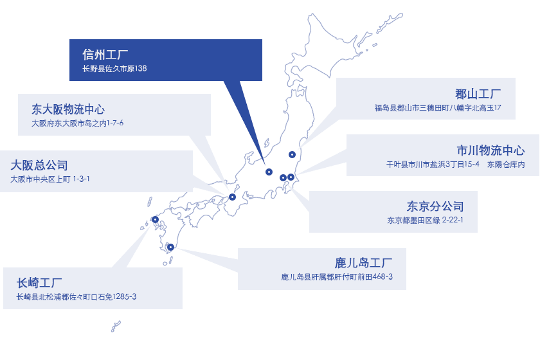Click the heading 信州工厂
click(x=105, y=55)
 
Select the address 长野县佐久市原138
click(x=114, y=69)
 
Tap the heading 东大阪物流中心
click(x=68, y=109)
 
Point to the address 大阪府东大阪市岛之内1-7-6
click(x=77, y=123)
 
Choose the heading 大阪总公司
click(x=39, y=165)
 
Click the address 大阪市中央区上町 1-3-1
click(x=50, y=179)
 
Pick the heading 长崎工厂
click(x=39, y=283)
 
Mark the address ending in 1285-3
click(x=76, y=296)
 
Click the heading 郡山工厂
click(x=478, y=94)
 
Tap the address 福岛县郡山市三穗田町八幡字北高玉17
click(x=438, y=108)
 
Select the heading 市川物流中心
click(x=491, y=150)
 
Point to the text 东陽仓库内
click(x=506, y=165)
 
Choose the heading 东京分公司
click(x=435, y=207)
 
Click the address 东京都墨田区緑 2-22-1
click(x=426, y=220)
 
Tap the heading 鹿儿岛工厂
click(x=363, y=263)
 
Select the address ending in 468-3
click(x=337, y=277)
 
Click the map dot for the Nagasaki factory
click(x=156, y=219)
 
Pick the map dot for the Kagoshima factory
click(x=170, y=247)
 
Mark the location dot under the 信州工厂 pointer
click(x=269, y=172)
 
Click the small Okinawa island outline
click(x=116, y=326)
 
